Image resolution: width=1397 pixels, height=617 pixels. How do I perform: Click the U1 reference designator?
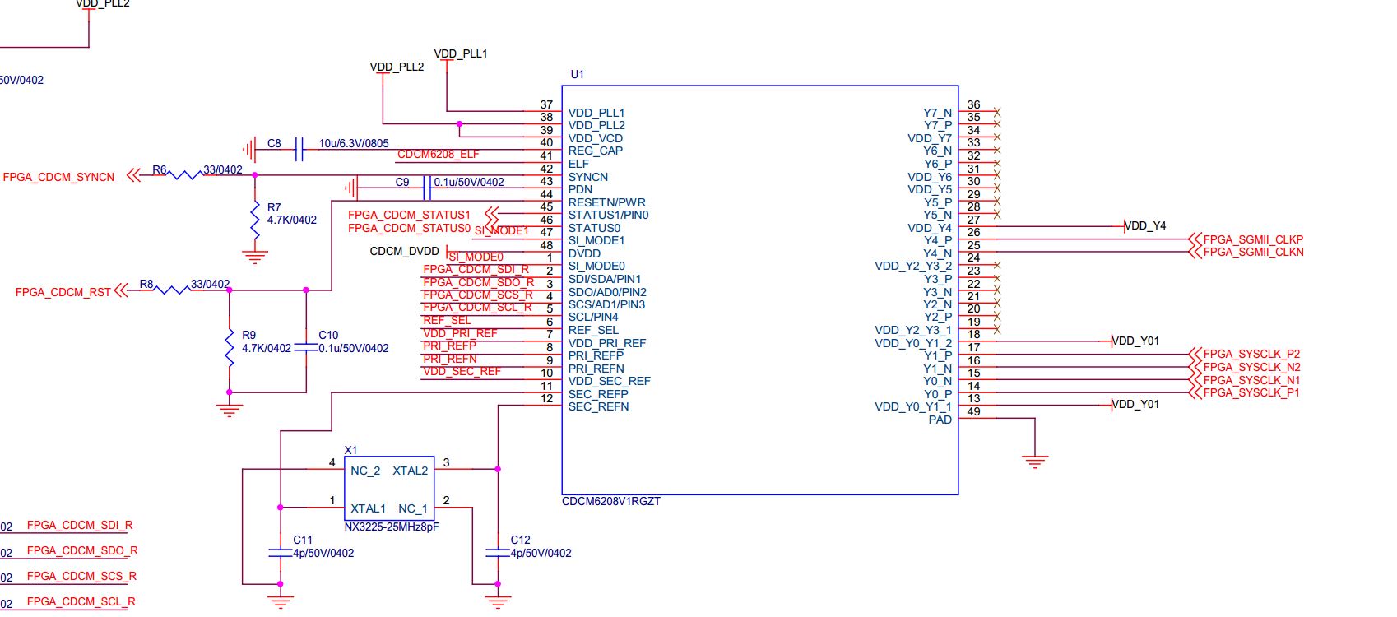tap(578, 74)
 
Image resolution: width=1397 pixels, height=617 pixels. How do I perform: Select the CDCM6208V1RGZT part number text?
tap(611, 501)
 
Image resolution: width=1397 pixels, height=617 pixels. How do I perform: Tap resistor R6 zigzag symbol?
tap(185, 174)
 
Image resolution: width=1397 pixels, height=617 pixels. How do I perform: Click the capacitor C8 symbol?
tap(299, 150)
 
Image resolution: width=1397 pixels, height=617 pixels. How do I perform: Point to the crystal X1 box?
tap(389, 489)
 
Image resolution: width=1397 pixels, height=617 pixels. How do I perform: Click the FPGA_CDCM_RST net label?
tap(63, 292)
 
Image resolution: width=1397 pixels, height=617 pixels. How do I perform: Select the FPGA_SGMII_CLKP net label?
tap(1253, 239)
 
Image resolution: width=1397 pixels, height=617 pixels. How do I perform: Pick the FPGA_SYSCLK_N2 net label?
tap(1251, 367)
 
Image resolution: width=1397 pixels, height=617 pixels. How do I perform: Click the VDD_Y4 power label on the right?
tap(1145, 225)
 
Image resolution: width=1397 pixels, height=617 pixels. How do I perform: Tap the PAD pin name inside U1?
tap(940, 420)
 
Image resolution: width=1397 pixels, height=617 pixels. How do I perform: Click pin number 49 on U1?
tap(973, 411)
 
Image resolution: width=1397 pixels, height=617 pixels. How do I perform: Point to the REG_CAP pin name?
tap(596, 151)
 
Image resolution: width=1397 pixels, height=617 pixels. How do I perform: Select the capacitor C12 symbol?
tap(498, 553)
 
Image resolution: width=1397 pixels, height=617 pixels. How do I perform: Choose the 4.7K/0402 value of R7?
tap(292, 220)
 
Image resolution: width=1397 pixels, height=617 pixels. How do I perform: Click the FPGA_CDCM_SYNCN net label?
tap(58, 177)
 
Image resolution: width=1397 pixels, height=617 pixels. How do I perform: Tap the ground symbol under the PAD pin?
tap(1035, 461)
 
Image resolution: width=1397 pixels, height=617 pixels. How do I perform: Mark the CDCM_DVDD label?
tap(405, 251)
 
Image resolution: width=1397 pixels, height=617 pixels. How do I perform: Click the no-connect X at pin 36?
tap(997, 111)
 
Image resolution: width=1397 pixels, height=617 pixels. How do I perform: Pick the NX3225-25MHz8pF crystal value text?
tap(392, 527)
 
